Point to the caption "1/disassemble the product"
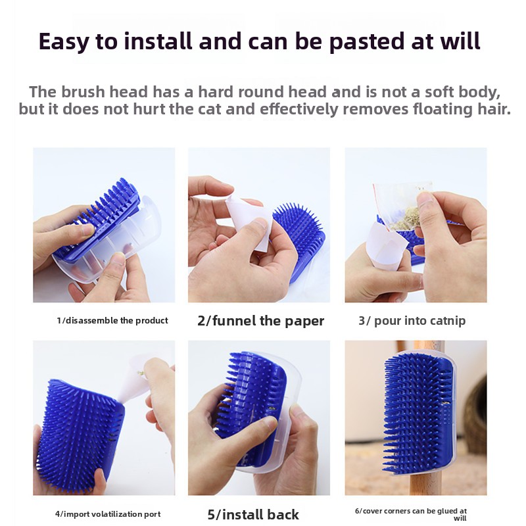(112, 320)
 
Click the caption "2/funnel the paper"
(260, 321)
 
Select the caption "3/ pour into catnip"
(412, 321)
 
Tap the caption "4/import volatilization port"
(108, 514)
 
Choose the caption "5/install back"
(253, 514)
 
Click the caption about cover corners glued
(411, 514)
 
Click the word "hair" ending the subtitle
(494, 109)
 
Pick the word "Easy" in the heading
(64, 42)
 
